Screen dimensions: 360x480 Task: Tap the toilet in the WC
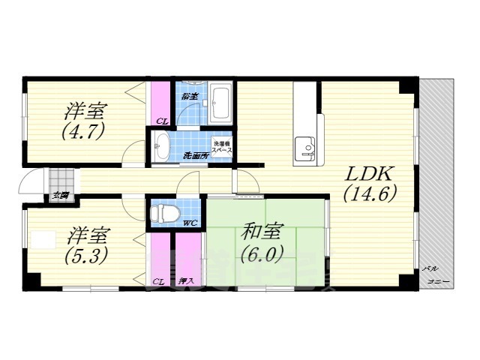163,214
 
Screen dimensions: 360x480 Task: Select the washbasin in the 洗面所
163,145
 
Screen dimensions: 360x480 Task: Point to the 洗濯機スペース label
222,147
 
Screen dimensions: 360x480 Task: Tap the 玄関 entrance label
60,196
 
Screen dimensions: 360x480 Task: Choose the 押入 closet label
187,280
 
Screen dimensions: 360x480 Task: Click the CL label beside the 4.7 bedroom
161,121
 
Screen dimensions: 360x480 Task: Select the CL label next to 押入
158,280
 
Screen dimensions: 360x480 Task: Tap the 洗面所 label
196,156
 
